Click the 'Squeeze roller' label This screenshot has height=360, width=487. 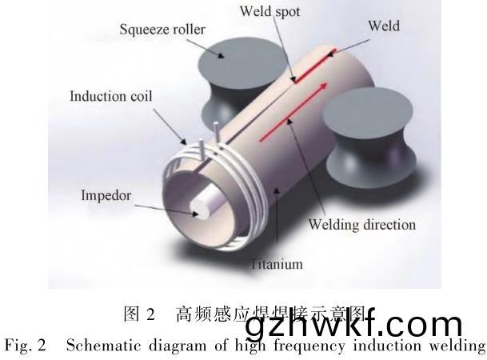[x=162, y=30]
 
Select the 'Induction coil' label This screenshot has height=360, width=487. [x=110, y=97]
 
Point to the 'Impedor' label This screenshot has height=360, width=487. [x=106, y=194]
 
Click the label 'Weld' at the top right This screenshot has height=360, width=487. [x=383, y=26]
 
